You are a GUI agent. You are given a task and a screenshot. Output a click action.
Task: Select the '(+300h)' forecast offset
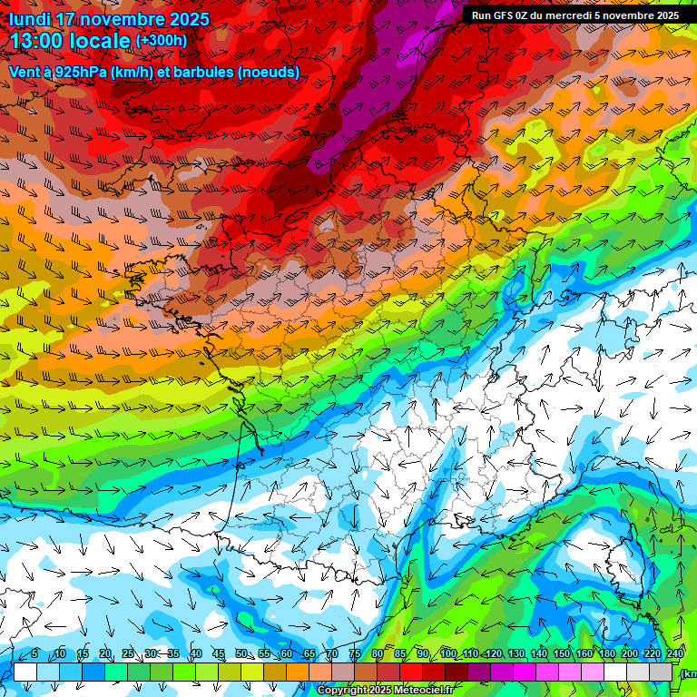coord(162,41)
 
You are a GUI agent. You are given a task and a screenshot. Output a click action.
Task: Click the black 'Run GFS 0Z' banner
coord(574,15)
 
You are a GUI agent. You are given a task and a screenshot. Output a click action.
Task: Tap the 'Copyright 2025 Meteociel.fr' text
coord(385,691)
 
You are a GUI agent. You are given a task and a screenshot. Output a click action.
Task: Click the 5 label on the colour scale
coord(34,653)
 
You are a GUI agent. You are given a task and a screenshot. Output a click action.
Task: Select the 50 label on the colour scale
coord(241,653)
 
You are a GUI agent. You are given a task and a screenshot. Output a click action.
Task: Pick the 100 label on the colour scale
coord(448,653)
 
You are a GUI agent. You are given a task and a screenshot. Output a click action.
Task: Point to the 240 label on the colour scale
coord(675,653)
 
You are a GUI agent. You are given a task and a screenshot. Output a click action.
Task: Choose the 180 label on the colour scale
coord(607,653)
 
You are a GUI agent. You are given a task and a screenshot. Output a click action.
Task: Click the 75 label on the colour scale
coord(355,653)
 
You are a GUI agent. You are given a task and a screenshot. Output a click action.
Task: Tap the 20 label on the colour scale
coord(105,653)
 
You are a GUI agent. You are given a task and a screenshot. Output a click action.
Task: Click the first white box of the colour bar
coord(25,672)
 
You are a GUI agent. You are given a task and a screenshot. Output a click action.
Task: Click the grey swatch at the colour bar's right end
coord(662,672)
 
